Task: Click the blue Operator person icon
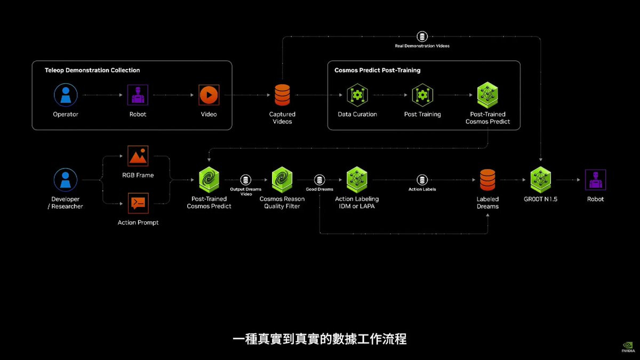66,95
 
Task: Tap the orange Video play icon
209,95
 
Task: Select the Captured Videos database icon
282,95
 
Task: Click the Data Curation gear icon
357,95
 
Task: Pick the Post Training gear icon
422,95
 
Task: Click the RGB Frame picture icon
138,156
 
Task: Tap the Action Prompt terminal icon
138,203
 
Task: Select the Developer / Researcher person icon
66,180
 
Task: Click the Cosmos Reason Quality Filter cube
282,180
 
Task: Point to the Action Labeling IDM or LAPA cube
357,180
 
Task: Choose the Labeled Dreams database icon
487,180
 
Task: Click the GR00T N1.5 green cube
541,180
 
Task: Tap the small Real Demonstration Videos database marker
422,37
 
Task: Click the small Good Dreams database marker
319,180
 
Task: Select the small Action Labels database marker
422,180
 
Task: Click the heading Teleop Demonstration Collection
92,70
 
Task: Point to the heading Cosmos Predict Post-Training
378,70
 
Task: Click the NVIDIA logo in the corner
628,347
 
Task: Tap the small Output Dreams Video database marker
245,180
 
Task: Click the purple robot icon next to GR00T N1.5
595,180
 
